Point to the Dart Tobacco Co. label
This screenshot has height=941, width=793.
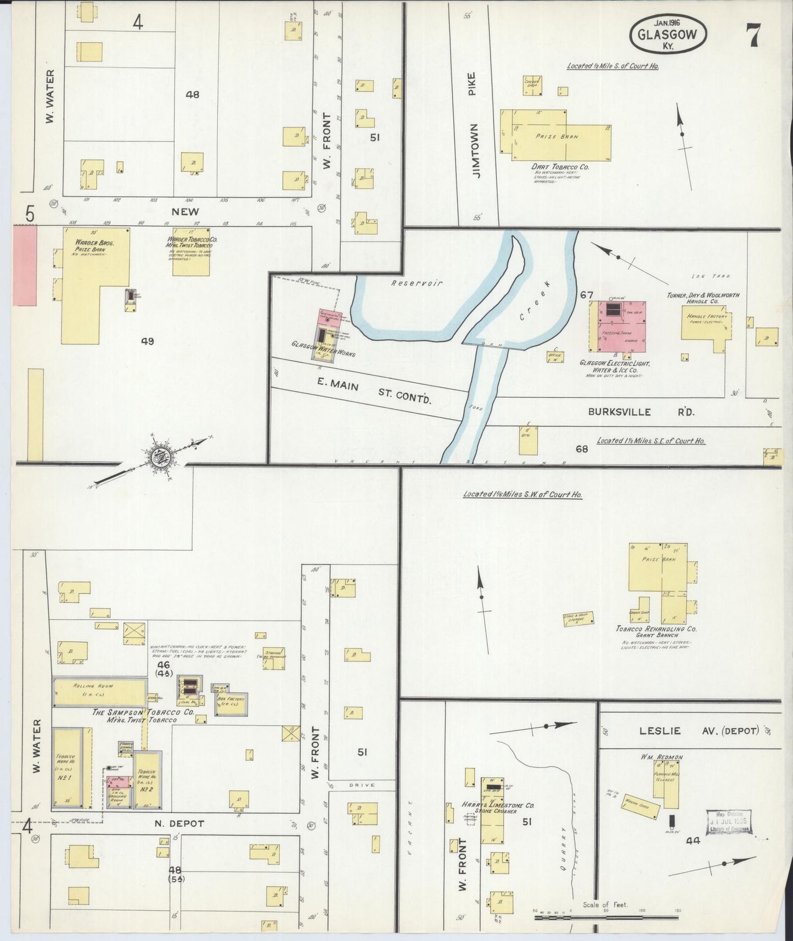pos(560,166)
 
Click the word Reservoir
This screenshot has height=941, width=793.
pos(409,283)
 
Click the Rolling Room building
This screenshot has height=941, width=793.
pos(99,692)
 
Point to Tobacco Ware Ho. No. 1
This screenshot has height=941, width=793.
pos(67,768)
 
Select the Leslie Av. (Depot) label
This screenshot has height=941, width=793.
pos(698,731)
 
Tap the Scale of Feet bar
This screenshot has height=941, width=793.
pos(606,917)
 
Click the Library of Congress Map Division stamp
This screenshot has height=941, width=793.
pos(729,822)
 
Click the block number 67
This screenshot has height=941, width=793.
pos(587,295)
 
